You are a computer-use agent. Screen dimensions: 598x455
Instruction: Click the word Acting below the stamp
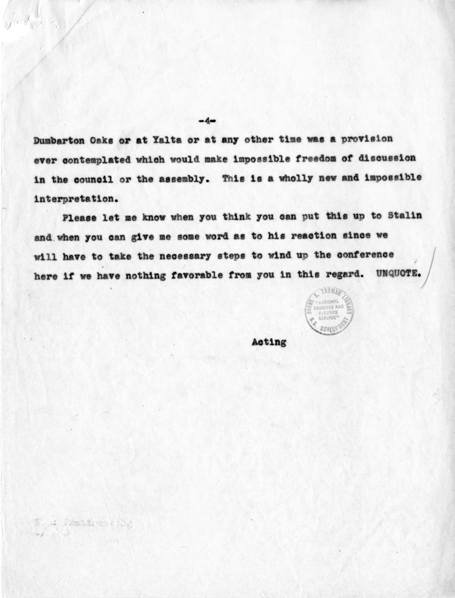tap(269, 342)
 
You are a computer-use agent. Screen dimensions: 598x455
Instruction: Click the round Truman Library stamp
tap(329, 310)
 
